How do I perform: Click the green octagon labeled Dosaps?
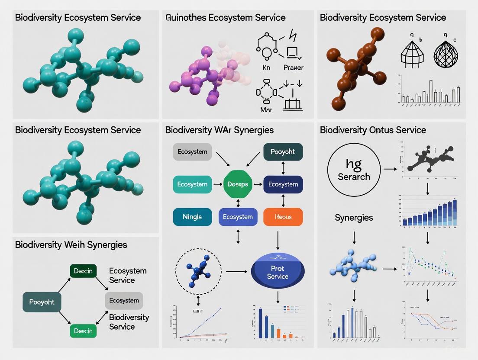238,184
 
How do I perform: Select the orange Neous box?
283,217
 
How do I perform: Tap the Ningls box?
192,217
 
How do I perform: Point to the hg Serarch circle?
354,170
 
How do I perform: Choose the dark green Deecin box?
83,271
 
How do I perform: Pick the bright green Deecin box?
83,331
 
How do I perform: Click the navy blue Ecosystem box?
283,184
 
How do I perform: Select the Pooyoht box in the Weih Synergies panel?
42,302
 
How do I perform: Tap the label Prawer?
293,67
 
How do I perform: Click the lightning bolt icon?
293,35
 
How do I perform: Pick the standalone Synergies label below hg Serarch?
354,217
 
